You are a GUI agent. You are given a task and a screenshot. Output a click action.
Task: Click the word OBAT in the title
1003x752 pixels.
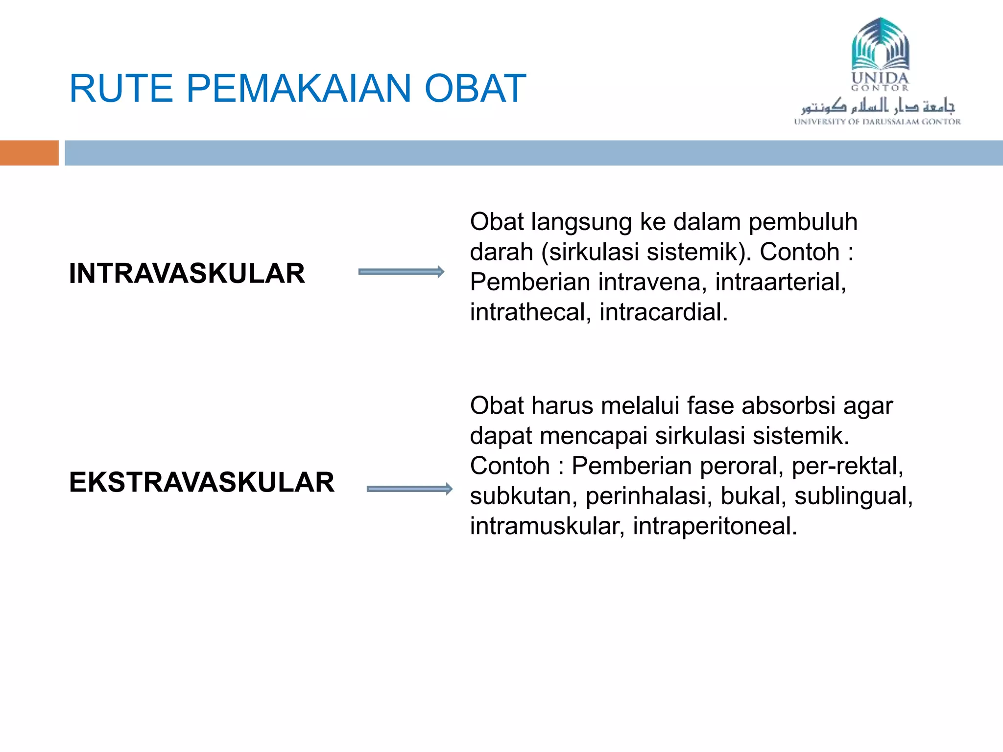click(x=475, y=89)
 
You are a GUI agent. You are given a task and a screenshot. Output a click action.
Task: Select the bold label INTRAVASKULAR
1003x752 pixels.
click(x=187, y=273)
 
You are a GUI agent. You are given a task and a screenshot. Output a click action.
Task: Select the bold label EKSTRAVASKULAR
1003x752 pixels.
click(x=202, y=482)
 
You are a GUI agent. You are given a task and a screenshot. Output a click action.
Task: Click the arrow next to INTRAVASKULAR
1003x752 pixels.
click(x=401, y=272)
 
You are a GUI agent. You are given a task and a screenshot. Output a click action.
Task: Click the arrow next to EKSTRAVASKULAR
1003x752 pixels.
click(x=409, y=489)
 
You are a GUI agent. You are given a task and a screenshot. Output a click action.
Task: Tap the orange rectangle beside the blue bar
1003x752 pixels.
click(x=29, y=153)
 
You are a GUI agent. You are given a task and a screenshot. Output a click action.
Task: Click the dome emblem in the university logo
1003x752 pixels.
click(x=880, y=44)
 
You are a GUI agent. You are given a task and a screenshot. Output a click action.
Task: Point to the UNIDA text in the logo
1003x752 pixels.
click(x=880, y=78)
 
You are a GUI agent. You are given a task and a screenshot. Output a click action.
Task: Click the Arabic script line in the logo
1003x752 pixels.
click(x=878, y=105)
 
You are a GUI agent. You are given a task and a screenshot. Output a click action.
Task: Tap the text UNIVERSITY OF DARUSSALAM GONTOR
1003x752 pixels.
click(x=877, y=121)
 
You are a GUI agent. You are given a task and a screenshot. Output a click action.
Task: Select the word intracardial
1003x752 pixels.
click(x=663, y=312)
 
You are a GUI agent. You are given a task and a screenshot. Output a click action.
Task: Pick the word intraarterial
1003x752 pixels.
click(x=781, y=282)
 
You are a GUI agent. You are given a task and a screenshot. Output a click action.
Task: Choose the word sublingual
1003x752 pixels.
click(x=853, y=496)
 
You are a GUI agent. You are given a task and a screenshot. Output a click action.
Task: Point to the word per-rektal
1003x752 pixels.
click(x=847, y=466)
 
